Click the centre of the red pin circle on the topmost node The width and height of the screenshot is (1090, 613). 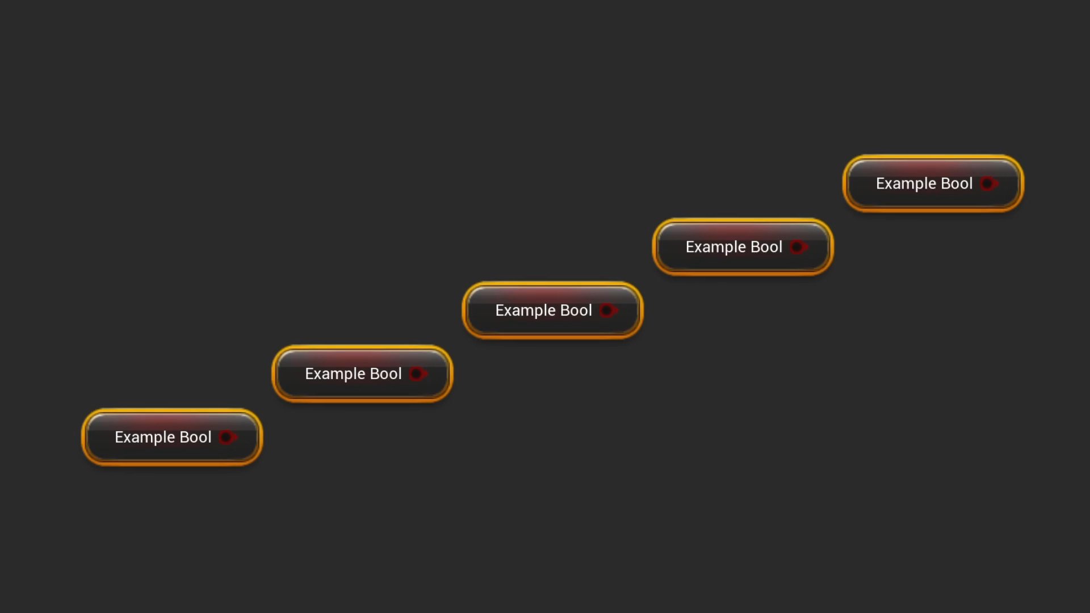tap(987, 183)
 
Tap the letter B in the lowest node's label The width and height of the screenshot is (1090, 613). tap(185, 437)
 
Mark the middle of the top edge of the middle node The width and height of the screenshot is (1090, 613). tap(552, 282)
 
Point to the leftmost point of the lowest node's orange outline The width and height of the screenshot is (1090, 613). tap(82, 437)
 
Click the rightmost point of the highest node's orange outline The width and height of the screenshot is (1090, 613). tap(1024, 183)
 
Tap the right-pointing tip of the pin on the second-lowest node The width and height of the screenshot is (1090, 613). tap(428, 373)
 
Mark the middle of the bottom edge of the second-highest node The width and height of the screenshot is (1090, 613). tap(743, 275)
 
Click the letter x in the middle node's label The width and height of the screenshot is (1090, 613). tap(508, 312)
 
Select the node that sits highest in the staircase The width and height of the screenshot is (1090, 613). tap(933, 183)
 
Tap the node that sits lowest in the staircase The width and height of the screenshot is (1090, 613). tap(172, 437)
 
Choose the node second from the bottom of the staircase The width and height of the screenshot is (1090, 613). tap(362, 373)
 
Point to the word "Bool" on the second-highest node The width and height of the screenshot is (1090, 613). tap(766, 247)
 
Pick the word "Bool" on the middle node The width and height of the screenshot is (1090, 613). tap(576, 310)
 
